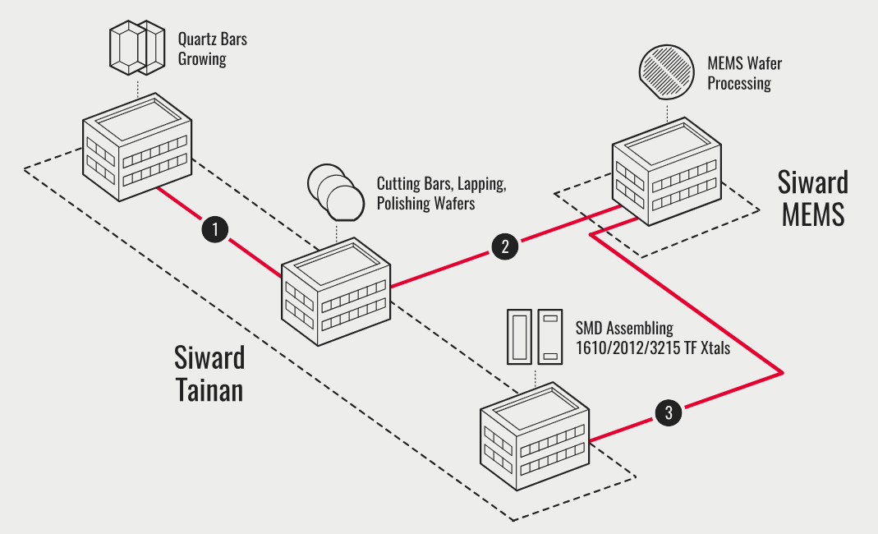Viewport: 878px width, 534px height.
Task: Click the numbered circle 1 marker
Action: [214, 229]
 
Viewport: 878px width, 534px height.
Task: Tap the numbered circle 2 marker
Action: [504, 246]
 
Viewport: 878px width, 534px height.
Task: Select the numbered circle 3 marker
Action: [669, 413]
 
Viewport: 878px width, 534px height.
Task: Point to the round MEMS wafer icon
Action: [667, 71]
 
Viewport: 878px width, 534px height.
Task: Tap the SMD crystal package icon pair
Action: [533, 336]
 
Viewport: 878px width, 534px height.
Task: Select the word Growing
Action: [202, 59]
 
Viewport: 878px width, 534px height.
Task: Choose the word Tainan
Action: [209, 388]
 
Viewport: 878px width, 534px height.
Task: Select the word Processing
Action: [739, 83]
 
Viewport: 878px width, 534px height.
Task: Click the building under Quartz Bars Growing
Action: [136, 148]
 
